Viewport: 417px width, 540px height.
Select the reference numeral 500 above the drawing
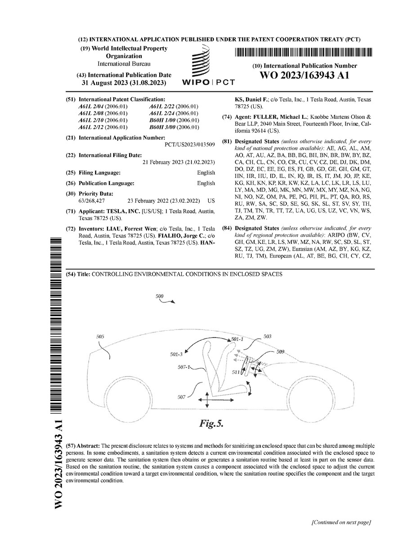(159, 297)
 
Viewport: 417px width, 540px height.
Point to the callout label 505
(100, 336)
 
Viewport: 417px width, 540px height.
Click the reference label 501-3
(176, 355)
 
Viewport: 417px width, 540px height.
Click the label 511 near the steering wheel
(236, 373)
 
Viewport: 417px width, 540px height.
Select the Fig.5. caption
(211, 423)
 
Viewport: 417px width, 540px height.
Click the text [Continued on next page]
(341, 522)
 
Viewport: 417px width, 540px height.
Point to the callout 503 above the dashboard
(267, 336)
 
